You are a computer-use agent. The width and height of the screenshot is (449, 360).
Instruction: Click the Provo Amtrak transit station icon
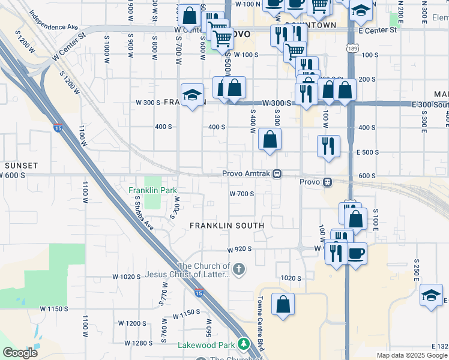pos(277,174)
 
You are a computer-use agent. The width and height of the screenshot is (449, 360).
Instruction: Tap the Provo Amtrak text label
pos(246,174)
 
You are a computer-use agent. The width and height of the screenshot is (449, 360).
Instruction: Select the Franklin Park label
pos(153,190)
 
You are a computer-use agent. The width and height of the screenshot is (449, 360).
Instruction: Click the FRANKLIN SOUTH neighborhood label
pos(227,226)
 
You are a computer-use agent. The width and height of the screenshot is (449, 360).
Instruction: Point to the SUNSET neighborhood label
pos(22,165)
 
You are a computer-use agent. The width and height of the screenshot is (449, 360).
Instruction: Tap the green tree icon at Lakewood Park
pos(244,344)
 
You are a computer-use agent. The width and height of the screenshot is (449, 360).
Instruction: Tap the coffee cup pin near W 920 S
pos(357,253)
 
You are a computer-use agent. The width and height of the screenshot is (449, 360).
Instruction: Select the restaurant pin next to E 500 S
pos(328,146)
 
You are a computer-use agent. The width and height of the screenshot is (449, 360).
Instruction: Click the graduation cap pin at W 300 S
pos(191,95)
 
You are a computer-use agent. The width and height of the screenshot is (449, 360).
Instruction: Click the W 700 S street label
pos(242,194)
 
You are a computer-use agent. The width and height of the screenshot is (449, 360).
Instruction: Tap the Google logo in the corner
pos(20,353)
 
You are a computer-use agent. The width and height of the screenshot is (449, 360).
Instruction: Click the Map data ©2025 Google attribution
pos(412,355)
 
